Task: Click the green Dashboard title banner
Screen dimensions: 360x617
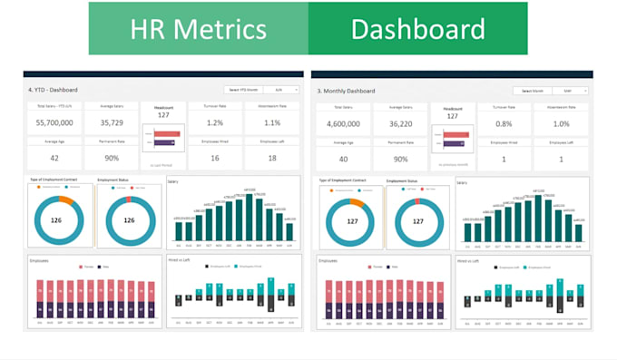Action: (417, 28)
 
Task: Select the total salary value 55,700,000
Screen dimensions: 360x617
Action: (54, 122)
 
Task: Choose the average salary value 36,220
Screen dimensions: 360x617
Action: (404, 122)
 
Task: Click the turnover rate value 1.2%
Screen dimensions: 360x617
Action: (215, 122)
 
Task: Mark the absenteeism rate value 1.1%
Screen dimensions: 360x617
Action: (271, 122)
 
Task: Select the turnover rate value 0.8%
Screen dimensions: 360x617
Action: (505, 122)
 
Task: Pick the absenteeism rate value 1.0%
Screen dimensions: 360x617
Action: (562, 122)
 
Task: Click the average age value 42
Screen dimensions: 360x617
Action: (54, 156)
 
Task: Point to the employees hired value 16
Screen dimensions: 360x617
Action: (215, 156)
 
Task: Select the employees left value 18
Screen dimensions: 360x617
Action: (271, 156)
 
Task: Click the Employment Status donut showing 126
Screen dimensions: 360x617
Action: (129, 219)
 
